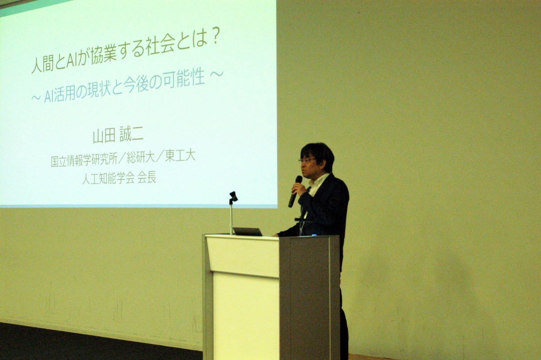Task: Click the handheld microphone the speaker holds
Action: pyautogui.click(x=295, y=191)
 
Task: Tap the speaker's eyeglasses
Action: pyautogui.click(x=307, y=161)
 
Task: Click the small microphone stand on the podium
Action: pyautogui.click(x=232, y=212)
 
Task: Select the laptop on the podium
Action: pyautogui.click(x=248, y=231)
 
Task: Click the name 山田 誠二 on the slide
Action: pyautogui.click(x=118, y=136)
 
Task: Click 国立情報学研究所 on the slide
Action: pyautogui.click(x=84, y=161)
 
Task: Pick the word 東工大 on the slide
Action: pyautogui.click(x=180, y=157)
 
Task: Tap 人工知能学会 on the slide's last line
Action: pyautogui.click(x=108, y=179)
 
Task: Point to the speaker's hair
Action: pyautogui.click(x=318, y=153)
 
